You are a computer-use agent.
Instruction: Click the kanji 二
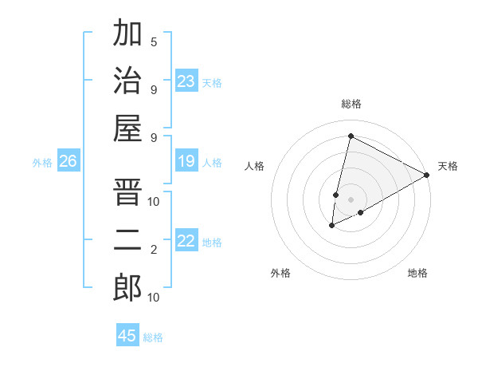127,240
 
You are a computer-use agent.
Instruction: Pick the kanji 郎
127,287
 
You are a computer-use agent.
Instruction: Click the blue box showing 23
186,81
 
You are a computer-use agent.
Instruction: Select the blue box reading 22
186,241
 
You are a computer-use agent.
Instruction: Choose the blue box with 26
69,162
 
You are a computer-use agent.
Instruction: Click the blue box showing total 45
127,336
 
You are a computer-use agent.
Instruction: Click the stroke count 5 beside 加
154,42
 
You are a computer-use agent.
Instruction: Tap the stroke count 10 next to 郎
154,298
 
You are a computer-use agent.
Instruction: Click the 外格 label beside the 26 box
42,163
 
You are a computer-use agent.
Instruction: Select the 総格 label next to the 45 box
153,337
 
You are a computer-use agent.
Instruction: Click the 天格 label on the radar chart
448,166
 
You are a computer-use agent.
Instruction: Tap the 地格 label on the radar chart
417,274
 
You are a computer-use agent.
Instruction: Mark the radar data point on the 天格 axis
427,175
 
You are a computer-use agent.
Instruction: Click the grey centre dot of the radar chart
351,199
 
